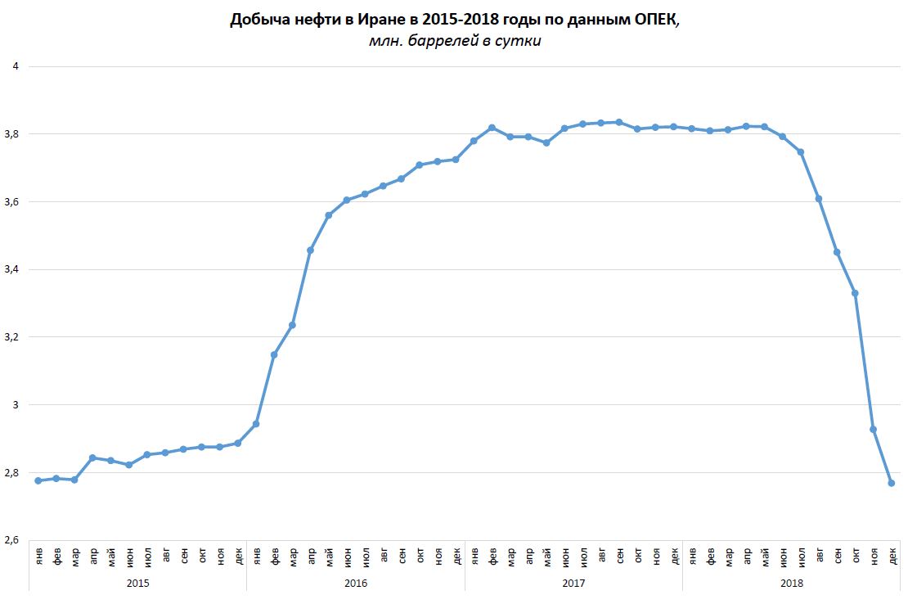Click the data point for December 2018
[x=892, y=483]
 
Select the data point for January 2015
[x=38, y=480]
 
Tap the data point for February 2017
[x=492, y=128]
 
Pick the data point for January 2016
[x=256, y=424]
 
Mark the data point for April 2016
[x=310, y=250]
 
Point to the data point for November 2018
[x=873, y=429]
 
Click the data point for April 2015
[x=92, y=457]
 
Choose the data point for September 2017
[x=619, y=122]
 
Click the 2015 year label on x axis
[x=137, y=583]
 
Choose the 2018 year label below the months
[x=791, y=583]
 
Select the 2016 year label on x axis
[x=355, y=583]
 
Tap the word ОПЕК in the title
[x=653, y=20]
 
